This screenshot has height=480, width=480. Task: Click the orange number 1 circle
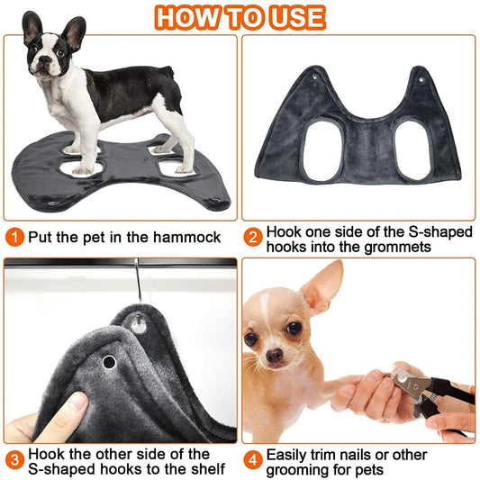[x=14, y=238]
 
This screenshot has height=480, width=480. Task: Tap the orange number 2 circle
[x=255, y=239]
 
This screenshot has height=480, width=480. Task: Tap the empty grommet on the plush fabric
[x=109, y=362]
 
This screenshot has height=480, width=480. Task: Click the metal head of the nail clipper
[x=403, y=380]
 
